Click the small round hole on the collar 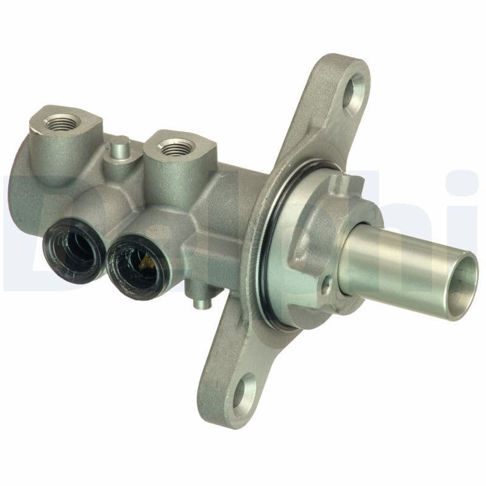tap(327, 281)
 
